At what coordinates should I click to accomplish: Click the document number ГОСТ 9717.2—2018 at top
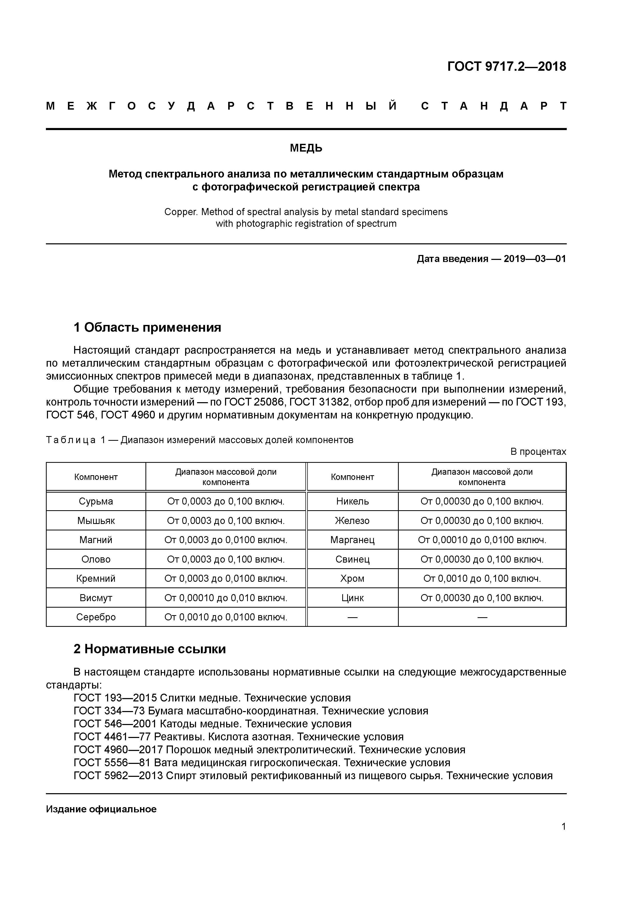pyautogui.click(x=506, y=67)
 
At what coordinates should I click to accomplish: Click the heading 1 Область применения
pyautogui.click(x=147, y=328)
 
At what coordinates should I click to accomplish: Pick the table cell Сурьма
pyautogui.click(x=96, y=501)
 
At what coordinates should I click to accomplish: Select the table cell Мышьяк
pyautogui.click(x=96, y=521)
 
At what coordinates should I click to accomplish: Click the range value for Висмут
pyautogui.click(x=226, y=598)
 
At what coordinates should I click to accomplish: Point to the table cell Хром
pyautogui.click(x=352, y=578)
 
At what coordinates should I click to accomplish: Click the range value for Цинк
pyautogui.click(x=482, y=598)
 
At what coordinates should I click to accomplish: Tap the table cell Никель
pyautogui.click(x=352, y=501)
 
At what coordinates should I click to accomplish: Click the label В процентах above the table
pyautogui.click(x=538, y=452)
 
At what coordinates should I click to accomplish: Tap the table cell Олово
pyautogui.click(x=96, y=559)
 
